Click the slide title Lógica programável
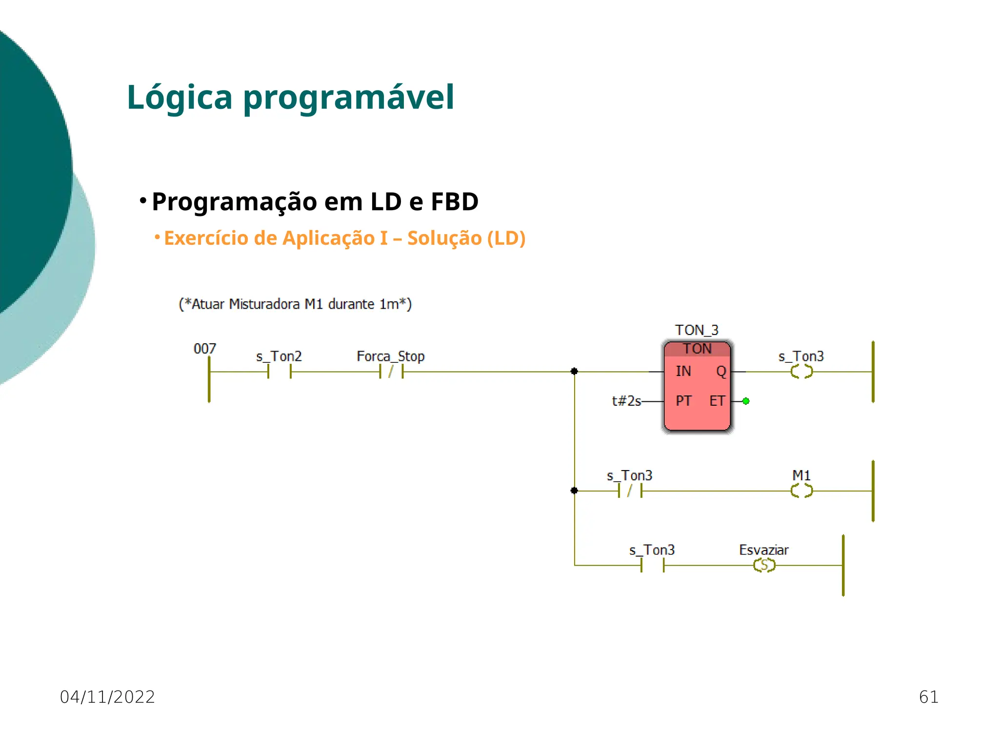tap(290, 98)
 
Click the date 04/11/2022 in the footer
tap(107, 697)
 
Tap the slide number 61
tap(928, 697)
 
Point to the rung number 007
tap(204, 349)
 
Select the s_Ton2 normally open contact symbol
tap(279, 372)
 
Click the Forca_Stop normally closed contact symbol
tap(391, 372)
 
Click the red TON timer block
tap(697, 390)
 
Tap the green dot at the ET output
tap(746, 401)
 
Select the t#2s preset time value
tap(626, 401)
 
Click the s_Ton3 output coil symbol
tap(801, 372)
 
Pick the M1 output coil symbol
tap(801, 491)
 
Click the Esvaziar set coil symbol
tap(764, 565)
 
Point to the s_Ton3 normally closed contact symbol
tap(630, 491)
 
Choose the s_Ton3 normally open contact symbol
tap(652, 565)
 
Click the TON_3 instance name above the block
tap(697, 330)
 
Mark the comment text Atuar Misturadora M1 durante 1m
tap(295, 304)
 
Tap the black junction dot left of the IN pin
tap(574, 372)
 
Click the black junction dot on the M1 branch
tap(574, 491)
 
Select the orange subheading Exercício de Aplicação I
tap(344, 238)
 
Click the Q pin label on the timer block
tap(721, 372)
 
